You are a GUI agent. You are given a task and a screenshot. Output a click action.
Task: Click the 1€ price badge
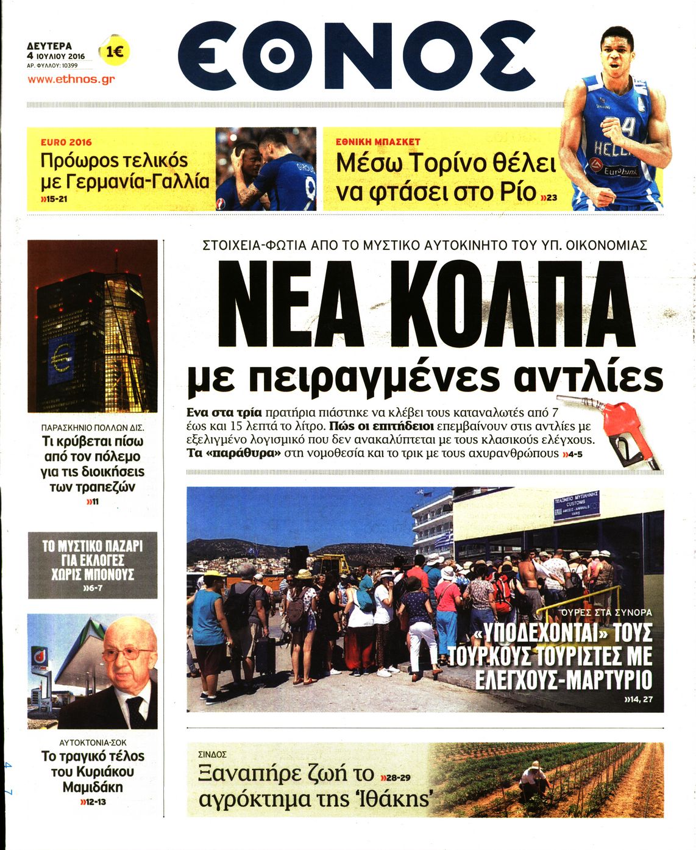click(114, 52)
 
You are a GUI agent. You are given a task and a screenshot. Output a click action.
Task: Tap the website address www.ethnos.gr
click(71, 79)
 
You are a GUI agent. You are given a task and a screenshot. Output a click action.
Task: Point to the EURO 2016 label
click(66, 142)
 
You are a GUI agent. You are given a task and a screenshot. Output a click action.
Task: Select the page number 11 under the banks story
click(93, 502)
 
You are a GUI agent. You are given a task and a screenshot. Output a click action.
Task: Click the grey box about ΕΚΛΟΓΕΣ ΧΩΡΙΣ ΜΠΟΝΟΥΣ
click(93, 565)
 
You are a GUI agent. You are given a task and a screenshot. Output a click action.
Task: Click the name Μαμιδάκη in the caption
click(93, 787)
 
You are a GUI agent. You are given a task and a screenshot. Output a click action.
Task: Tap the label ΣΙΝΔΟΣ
click(212, 754)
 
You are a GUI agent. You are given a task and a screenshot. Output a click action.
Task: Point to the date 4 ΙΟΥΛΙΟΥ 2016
click(55, 56)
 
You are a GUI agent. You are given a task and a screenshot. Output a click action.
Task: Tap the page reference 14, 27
click(638, 699)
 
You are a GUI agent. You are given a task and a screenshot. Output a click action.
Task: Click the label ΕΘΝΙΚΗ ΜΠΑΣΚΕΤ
click(378, 141)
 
